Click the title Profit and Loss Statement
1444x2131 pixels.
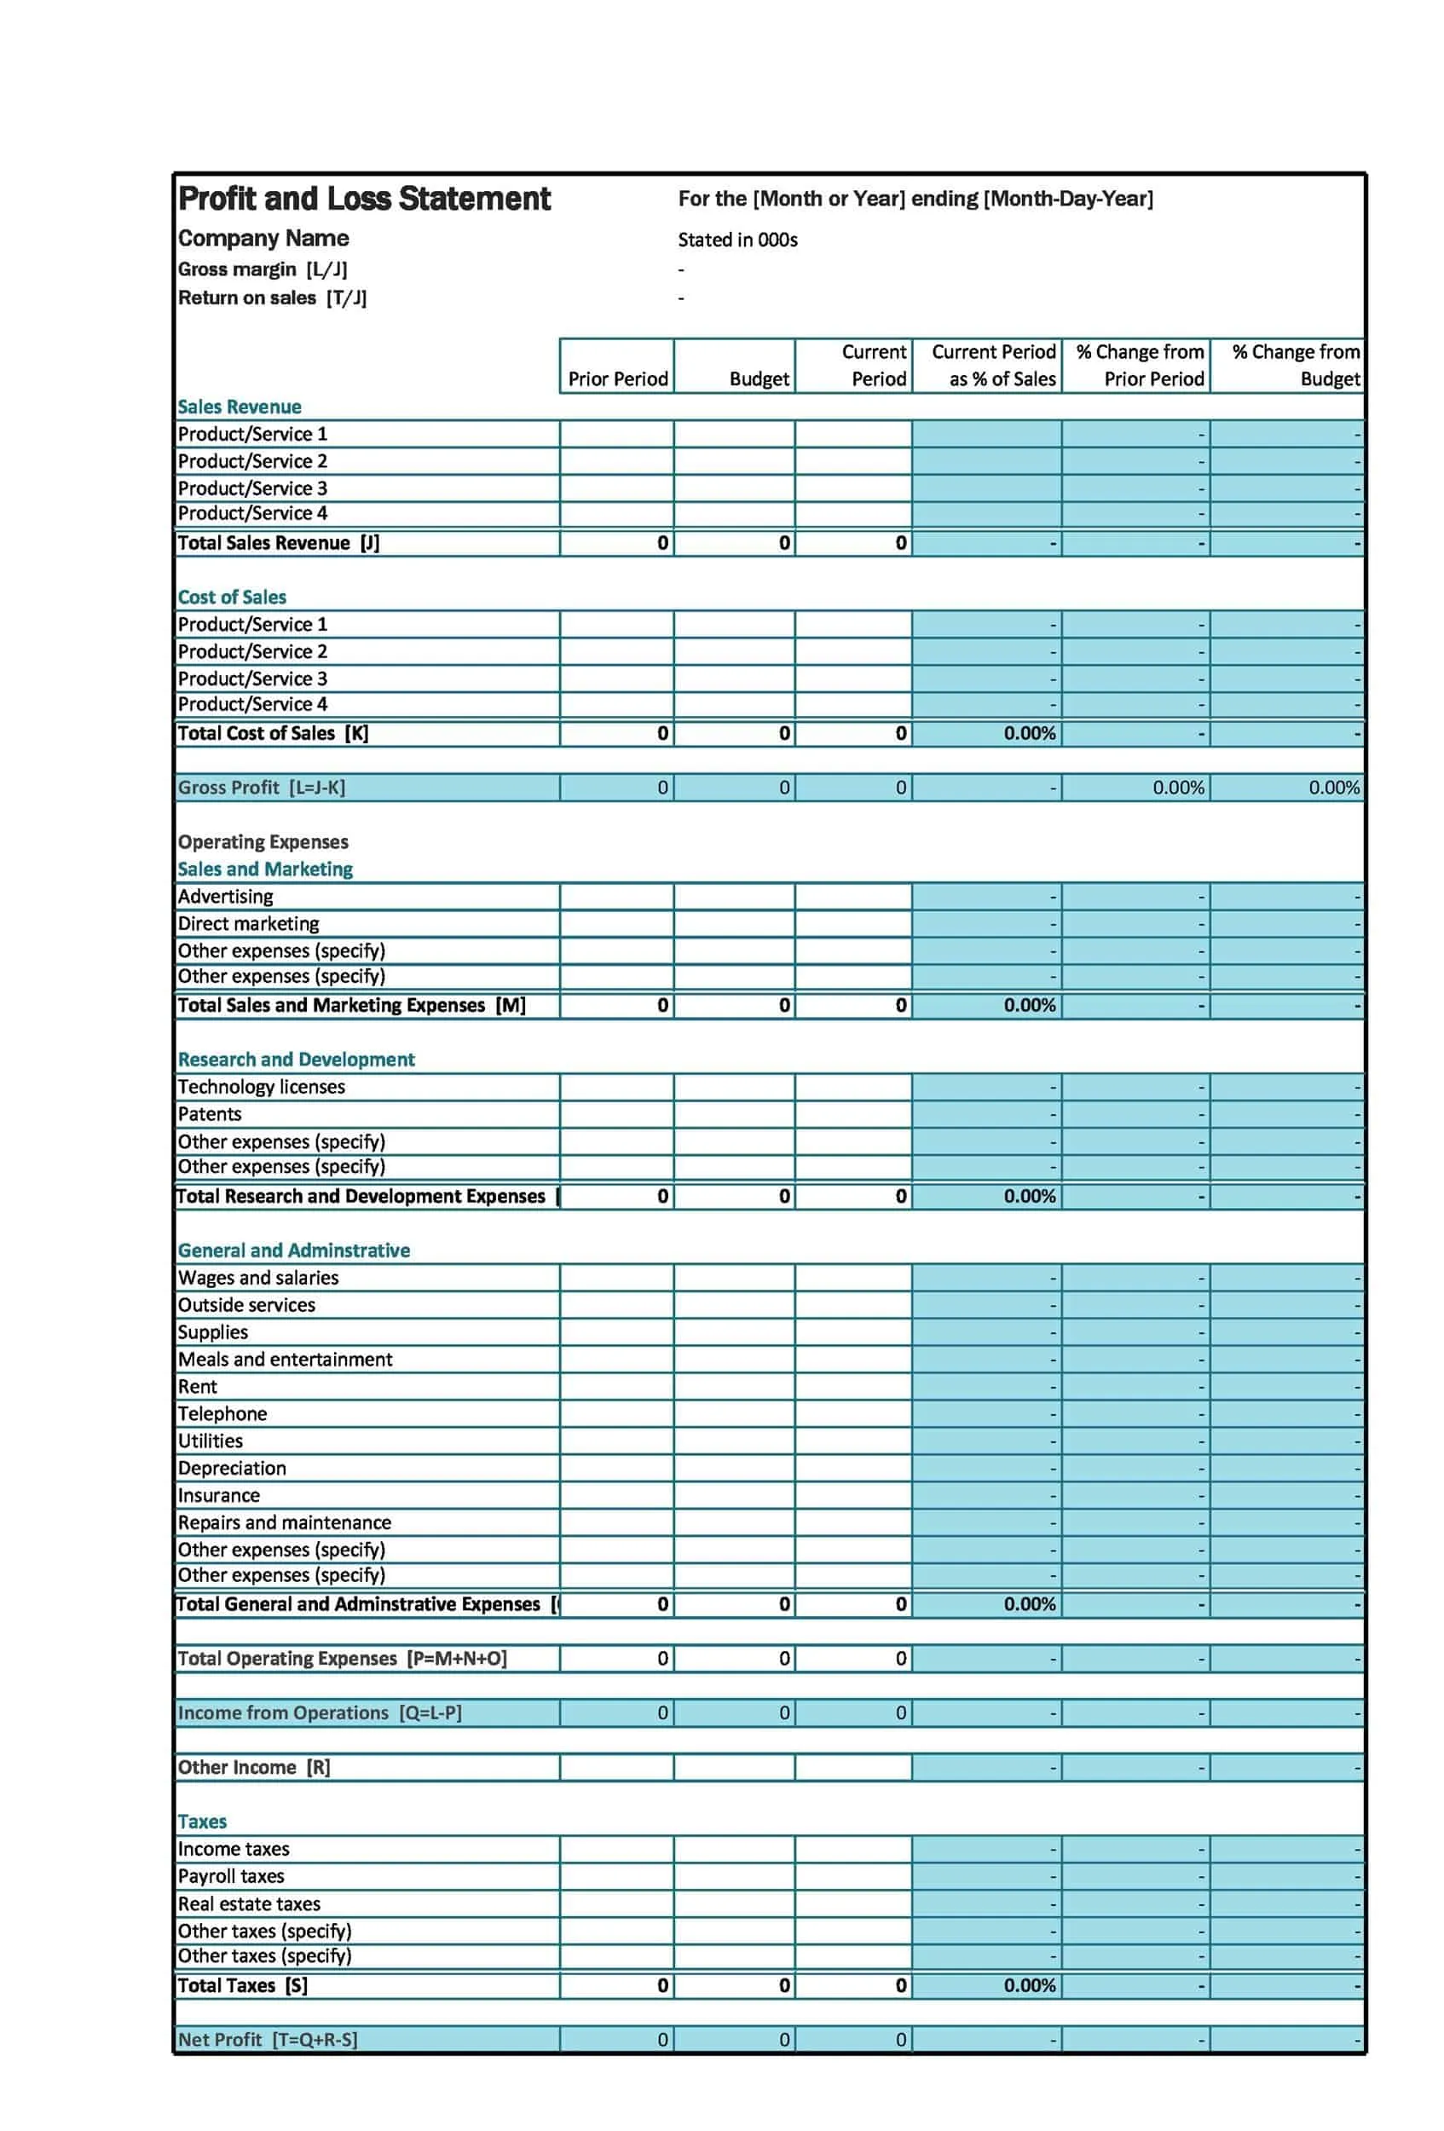click(363, 198)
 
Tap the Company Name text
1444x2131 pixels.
click(263, 239)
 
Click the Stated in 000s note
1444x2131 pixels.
click(737, 240)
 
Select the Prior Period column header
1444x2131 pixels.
click(617, 378)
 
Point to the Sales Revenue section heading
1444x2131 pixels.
click(240, 407)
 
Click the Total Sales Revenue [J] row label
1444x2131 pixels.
click(278, 543)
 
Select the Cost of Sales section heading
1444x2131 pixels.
click(232, 597)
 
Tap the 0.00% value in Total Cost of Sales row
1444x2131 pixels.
click(1029, 734)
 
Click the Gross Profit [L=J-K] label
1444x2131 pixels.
click(262, 788)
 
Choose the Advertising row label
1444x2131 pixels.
click(226, 897)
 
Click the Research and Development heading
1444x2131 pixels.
click(296, 1060)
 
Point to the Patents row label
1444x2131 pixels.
click(210, 1114)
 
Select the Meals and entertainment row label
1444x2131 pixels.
click(285, 1359)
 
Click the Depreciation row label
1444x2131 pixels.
click(232, 1468)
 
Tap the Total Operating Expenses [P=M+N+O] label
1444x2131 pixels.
click(342, 1658)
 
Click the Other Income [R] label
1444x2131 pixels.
click(254, 1767)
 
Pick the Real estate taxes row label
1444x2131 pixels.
click(250, 1903)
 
